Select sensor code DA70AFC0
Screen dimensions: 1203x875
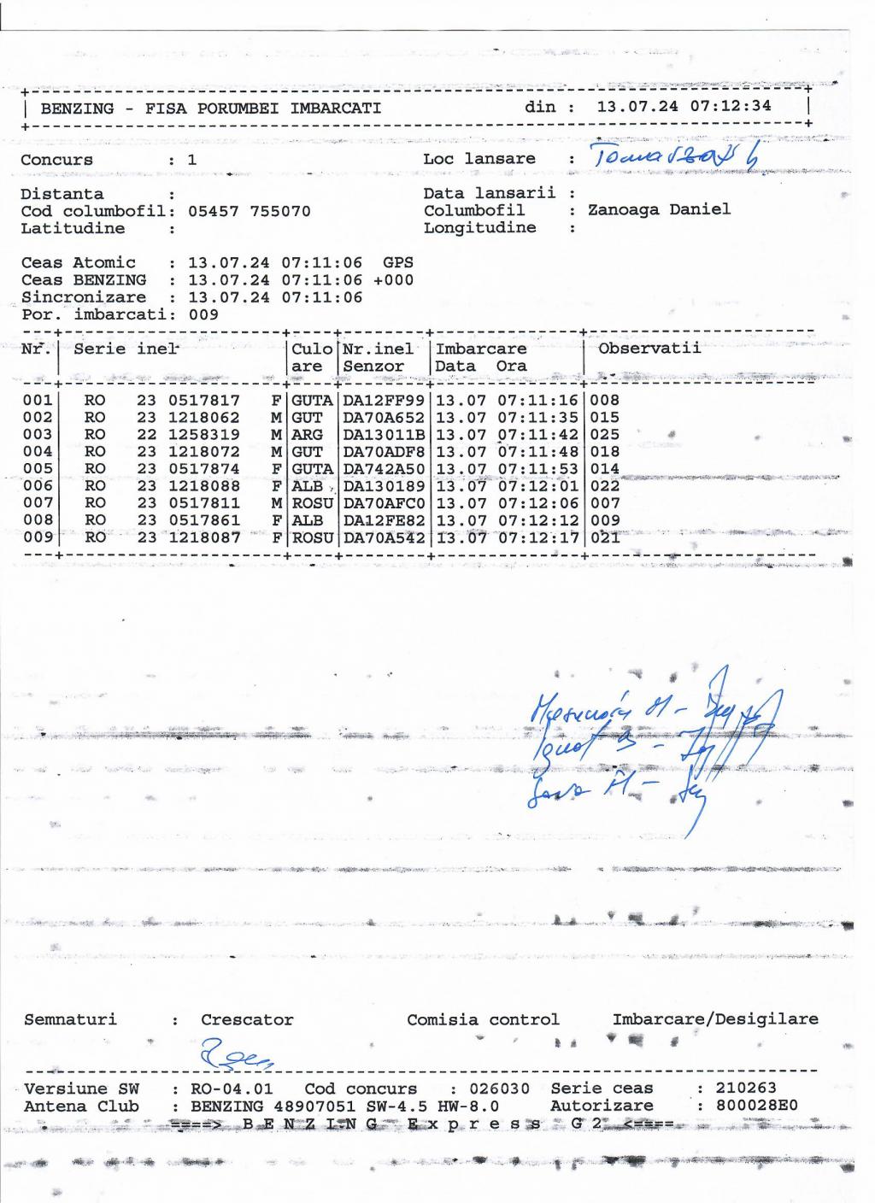coord(384,503)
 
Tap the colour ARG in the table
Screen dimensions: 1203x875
coord(308,434)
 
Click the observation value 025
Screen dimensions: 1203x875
coord(605,434)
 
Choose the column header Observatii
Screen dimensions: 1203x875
coord(649,348)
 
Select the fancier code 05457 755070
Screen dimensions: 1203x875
coord(249,211)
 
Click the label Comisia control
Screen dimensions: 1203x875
coord(483,1019)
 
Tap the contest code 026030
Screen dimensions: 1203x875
coord(500,1089)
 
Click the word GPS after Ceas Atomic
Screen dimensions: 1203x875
coord(398,263)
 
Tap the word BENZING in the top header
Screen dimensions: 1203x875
coord(77,109)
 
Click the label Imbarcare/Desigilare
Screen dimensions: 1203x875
coord(715,1019)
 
